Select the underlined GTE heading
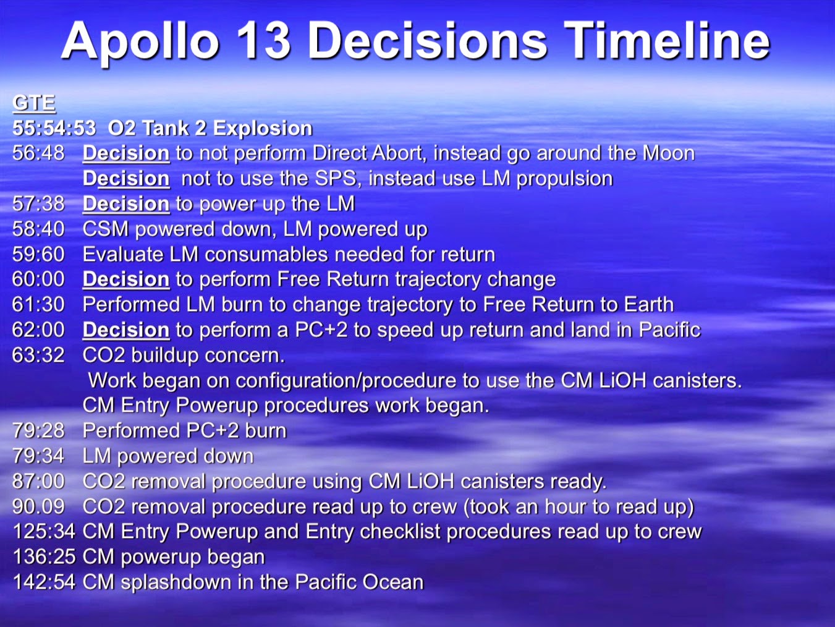click(x=34, y=103)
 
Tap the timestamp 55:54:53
click(x=54, y=128)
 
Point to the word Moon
click(x=669, y=153)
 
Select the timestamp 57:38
click(x=38, y=203)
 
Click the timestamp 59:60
click(x=38, y=254)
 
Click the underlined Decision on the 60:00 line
click(x=126, y=279)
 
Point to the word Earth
click(x=648, y=304)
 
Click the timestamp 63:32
click(x=38, y=355)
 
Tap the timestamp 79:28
click(x=38, y=430)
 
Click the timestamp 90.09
click(x=38, y=506)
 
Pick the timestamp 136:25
click(x=44, y=557)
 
